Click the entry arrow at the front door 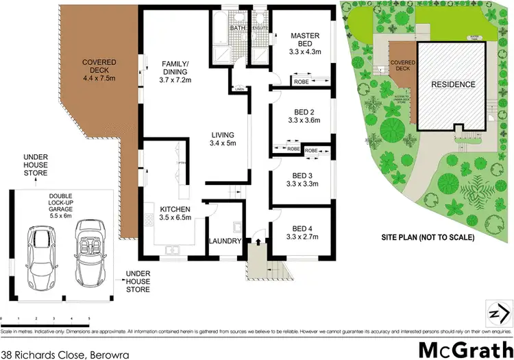[258, 241]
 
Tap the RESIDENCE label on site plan [452, 85]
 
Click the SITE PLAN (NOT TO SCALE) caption [428, 237]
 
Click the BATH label [237, 28]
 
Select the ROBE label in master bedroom [300, 82]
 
